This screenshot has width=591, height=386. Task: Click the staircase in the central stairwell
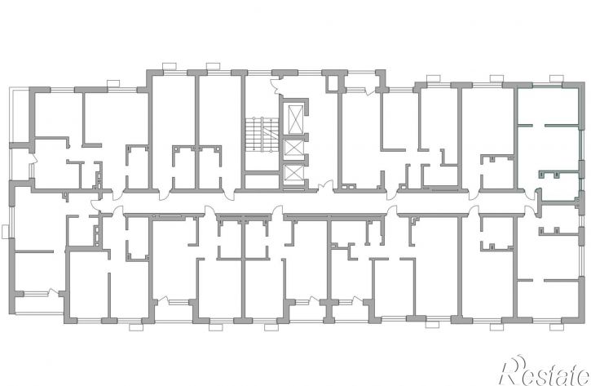click(x=262, y=135)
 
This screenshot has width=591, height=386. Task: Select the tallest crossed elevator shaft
click(x=295, y=118)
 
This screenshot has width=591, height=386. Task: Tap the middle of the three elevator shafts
click(x=294, y=148)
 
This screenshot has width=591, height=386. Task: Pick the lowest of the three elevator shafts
click(x=294, y=173)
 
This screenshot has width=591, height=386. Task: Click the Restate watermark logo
click(x=545, y=371)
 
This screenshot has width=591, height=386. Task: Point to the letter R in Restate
click(x=514, y=371)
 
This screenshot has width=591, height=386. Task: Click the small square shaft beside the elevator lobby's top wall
click(x=333, y=83)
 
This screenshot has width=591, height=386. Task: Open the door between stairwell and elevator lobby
click(x=276, y=84)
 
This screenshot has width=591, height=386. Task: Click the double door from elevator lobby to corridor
click(x=325, y=186)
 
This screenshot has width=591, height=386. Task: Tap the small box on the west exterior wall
click(x=5, y=232)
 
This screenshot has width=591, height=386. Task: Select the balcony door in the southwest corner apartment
click(x=54, y=292)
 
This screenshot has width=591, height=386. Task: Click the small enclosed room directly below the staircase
click(x=261, y=180)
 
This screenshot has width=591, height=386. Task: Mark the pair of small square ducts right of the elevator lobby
click(x=347, y=186)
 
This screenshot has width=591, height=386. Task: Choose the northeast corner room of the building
click(x=548, y=106)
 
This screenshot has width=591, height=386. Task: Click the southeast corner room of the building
click(x=548, y=299)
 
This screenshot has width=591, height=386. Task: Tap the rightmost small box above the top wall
click(x=556, y=78)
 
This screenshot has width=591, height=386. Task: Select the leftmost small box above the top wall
click(x=113, y=83)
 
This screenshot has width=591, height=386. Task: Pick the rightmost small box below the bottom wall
click(x=496, y=326)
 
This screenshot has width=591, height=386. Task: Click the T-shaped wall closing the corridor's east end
click(x=539, y=203)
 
